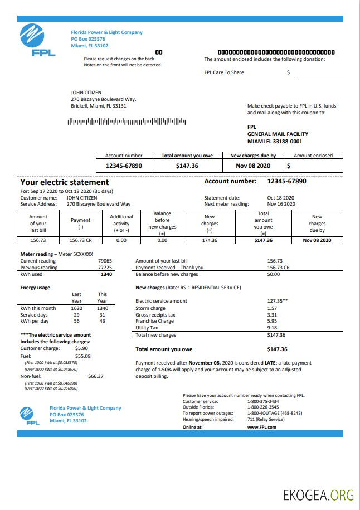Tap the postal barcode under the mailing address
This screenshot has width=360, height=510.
[x=127, y=121]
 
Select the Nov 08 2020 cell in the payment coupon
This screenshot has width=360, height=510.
[x=253, y=166]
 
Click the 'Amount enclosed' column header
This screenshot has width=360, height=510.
[x=313, y=156]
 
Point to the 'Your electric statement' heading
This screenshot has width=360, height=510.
[x=65, y=182]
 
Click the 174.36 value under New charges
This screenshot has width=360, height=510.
[x=210, y=240]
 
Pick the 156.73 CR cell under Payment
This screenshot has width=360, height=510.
[x=80, y=240]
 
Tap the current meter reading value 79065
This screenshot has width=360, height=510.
[x=105, y=261]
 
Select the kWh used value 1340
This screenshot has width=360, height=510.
[x=106, y=274]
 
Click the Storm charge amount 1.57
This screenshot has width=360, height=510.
[x=272, y=308]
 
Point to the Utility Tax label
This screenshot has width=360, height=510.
[x=147, y=328]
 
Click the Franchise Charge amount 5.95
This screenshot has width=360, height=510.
[x=272, y=322]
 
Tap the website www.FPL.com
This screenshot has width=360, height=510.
[x=262, y=427]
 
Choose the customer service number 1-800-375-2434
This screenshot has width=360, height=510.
[x=263, y=401]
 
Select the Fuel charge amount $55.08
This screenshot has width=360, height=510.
[x=82, y=356]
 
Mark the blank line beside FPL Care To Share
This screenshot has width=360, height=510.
[x=319, y=73]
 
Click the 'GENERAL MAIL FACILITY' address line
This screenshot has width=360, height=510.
[x=278, y=134]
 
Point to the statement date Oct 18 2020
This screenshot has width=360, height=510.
[x=281, y=198]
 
